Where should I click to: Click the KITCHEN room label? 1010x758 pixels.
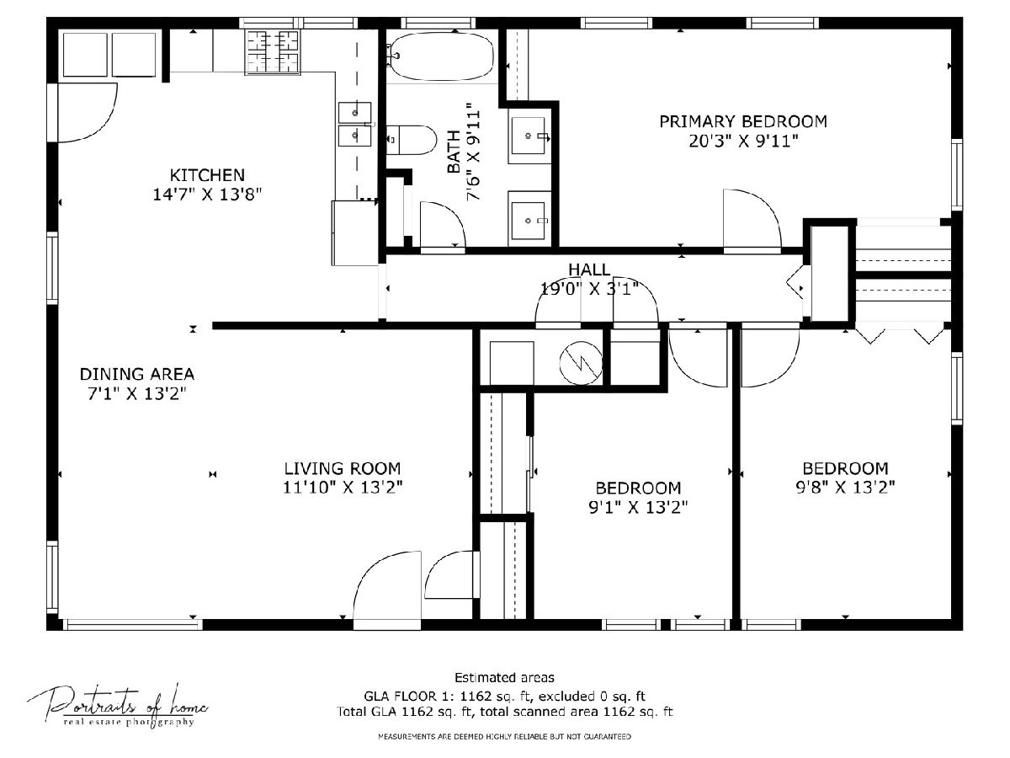[207, 175]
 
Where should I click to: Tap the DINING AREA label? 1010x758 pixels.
[137, 374]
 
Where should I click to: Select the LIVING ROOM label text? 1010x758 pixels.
[343, 468]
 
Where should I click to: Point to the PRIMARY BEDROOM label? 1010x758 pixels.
[743, 121]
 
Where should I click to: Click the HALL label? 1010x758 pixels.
[589, 270]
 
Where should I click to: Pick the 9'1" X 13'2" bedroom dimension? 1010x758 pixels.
[638, 507]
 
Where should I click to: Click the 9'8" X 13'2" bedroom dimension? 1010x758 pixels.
[845, 488]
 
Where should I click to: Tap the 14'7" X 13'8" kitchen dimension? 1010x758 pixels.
[207, 195]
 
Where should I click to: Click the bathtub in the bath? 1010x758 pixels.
[441, 56]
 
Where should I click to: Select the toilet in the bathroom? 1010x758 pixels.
[411, 140]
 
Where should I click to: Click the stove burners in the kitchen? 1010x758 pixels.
[272, 51]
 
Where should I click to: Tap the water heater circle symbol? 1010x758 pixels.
[581, 363]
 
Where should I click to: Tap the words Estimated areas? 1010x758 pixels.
[504, 678]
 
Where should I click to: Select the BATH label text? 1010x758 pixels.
[453, 152]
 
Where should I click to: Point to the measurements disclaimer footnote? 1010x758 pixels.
[504, 737]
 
